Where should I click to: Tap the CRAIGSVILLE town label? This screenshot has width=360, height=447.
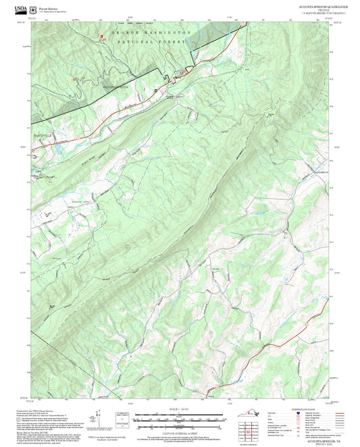point(43,134)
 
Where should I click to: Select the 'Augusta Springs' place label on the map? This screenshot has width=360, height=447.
point(115,87)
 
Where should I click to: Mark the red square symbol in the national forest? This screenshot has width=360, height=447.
point(102,38)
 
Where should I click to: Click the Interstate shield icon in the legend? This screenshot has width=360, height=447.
point(298,413)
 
